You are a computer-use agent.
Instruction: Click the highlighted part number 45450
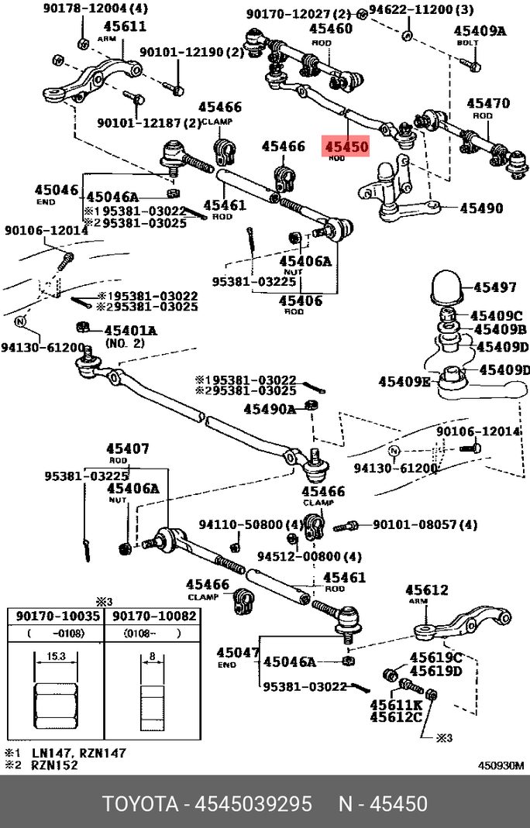[x=346, y=146]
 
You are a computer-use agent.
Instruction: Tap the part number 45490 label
[x=480, y=208]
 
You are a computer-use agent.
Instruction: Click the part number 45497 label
[x=494, y=287]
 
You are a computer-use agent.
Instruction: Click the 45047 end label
[x=237, y=653]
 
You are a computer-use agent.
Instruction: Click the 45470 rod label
[x=487, y=103]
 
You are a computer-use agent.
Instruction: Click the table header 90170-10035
[x=54, y=617]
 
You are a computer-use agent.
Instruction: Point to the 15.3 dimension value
[x=54, y=655]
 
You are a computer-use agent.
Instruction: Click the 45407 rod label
[x=128, y=448]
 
